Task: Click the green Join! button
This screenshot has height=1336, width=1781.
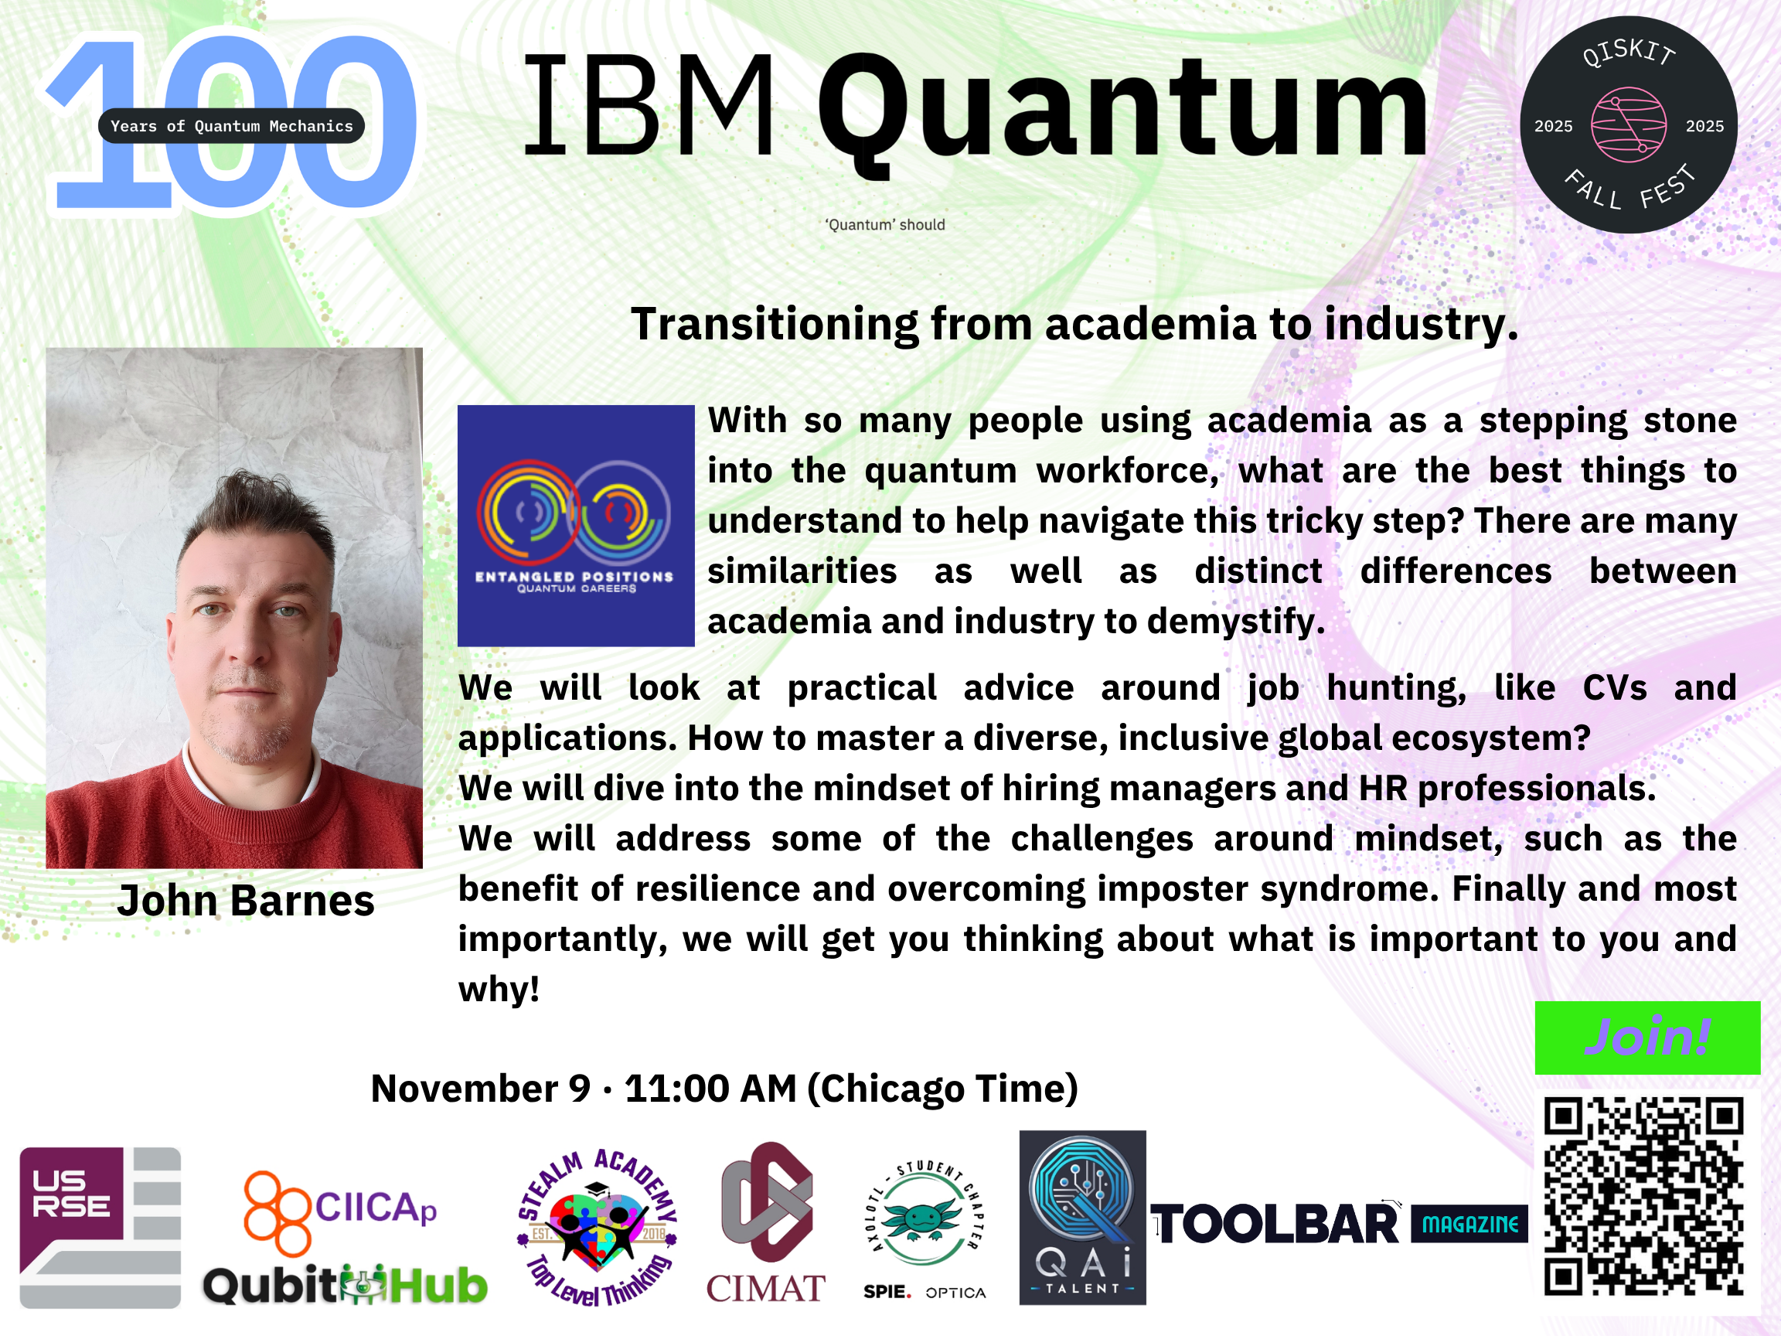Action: [1647, 1038]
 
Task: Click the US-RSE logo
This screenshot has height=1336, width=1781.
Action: [100, 1227]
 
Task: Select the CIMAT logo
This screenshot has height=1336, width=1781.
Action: [766, 1222]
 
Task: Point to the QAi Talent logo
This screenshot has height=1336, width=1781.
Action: [1082, 1217]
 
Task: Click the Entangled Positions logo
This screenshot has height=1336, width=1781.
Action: [576, 525]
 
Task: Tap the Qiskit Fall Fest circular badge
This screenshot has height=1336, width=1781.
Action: [1628, 124]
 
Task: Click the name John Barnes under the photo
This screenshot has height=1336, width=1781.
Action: [246, 900]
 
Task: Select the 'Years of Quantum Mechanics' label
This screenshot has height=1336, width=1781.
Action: [232, 125]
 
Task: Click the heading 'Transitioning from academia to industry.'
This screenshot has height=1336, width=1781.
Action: [1075, 324]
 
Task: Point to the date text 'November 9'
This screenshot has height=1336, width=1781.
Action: [481, 1089]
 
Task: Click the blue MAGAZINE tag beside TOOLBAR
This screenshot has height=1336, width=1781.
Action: [1469, 1224]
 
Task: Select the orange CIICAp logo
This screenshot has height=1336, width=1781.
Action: [339, 1212]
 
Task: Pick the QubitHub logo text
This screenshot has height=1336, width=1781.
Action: [345, 1285]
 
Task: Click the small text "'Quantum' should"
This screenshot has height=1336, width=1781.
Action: [885, 225]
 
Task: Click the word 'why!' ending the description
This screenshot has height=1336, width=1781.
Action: [499, 990]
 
